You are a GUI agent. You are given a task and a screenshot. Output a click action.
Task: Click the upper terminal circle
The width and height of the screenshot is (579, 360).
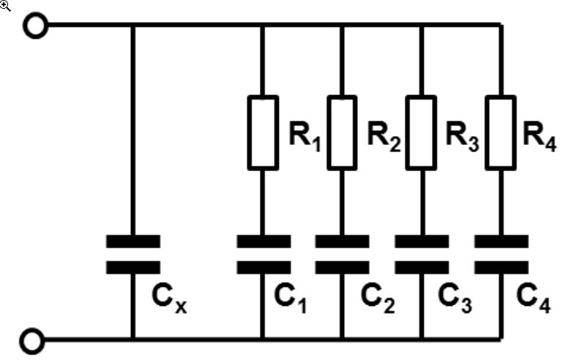coord(34,26)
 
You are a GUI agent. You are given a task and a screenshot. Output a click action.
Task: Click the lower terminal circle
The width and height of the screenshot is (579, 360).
coord(34,340)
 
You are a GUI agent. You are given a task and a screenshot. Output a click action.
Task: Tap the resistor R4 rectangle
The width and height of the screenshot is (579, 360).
coord(501,132)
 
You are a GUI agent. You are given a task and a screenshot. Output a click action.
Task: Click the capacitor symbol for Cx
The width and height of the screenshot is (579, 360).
coord(132,254)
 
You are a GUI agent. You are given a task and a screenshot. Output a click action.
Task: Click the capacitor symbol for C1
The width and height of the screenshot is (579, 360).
coord(263,254)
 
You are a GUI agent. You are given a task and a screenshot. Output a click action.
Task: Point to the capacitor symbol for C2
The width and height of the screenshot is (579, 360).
coord(342,254)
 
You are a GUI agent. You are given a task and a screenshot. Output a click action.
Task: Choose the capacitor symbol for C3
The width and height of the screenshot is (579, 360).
coord(422,254)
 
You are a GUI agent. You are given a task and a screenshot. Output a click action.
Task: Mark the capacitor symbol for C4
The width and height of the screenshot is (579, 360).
coord(501,254)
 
